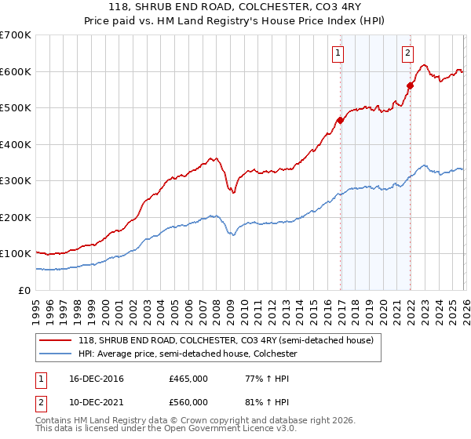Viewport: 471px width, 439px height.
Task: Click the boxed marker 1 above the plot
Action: coord(338,53)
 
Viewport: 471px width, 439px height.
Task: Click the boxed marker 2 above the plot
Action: coord(408,53)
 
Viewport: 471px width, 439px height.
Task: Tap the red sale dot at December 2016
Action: coord(340,120)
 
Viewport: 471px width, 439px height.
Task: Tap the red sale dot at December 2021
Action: coord(410,85)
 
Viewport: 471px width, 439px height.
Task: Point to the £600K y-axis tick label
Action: coord(16,71)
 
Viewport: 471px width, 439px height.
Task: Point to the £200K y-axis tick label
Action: coord(16,217)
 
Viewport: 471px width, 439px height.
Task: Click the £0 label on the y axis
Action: coord(24,290)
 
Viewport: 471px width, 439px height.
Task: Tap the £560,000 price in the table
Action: coord(188,402)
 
